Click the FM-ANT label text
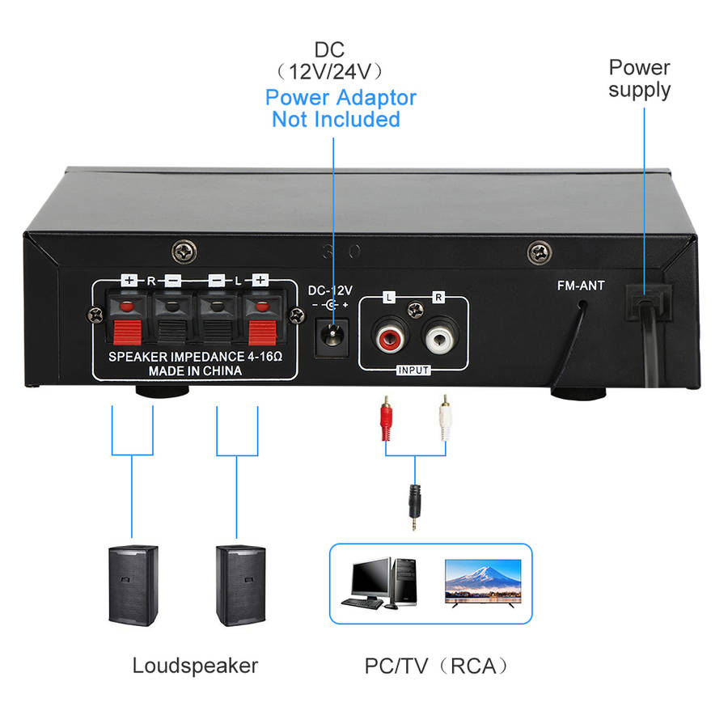[x=580, y=286]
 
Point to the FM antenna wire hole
[x=583, y=307]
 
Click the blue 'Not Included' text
[x=336, y=120]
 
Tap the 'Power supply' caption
[x=639, y=78]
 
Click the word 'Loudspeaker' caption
[x=195, y=666]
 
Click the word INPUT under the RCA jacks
[x=413, y=370]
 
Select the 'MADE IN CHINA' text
[x=194, y=371]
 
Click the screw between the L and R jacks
[x=413, y=308]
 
